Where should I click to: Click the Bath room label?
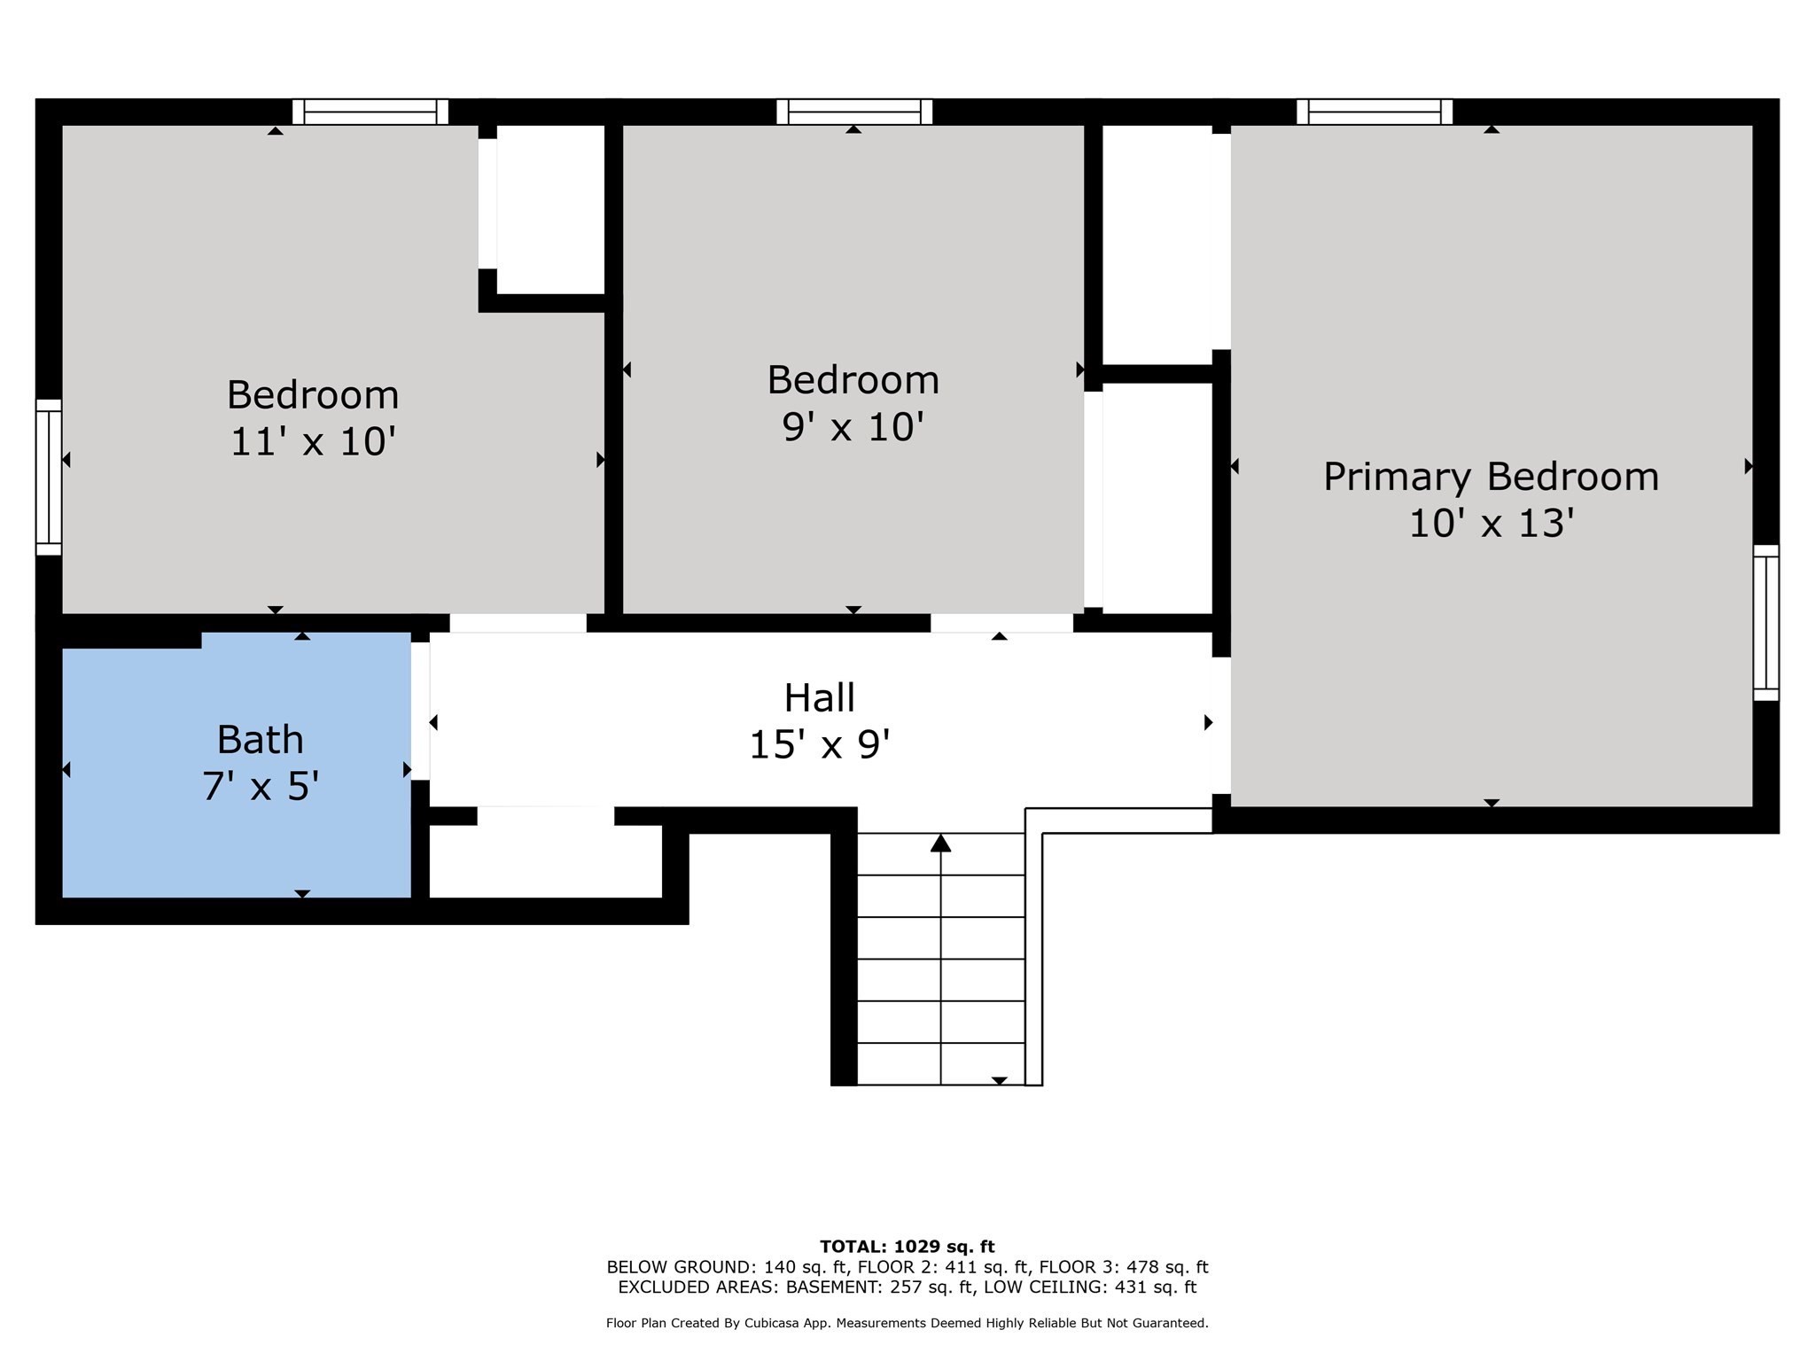tap(260, 739)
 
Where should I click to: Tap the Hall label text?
tap(820, 697)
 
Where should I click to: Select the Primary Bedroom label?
tap(1491, 477)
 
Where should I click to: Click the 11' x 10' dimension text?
tap(312, 441)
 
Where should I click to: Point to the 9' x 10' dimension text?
tap(853, 427)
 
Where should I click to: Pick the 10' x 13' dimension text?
tap(1491, 524)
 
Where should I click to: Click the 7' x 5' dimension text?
tap(260, 786)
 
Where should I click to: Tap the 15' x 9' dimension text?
tap(820, 744)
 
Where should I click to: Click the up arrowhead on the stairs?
tap(940, 843)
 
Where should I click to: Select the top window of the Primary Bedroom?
tap(1375, 112)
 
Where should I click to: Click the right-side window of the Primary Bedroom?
tap(1766, 623)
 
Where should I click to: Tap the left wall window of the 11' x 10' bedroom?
tap(49, 477)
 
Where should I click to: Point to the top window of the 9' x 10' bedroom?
tap(854, 112)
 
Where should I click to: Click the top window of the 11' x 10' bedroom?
tap(370, 112)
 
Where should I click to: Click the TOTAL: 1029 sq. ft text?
tap(907, 1247)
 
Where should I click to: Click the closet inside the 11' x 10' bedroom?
tap(550, 209)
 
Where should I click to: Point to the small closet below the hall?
tap(546, 861)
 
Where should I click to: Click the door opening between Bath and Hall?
tap(420, 712)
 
